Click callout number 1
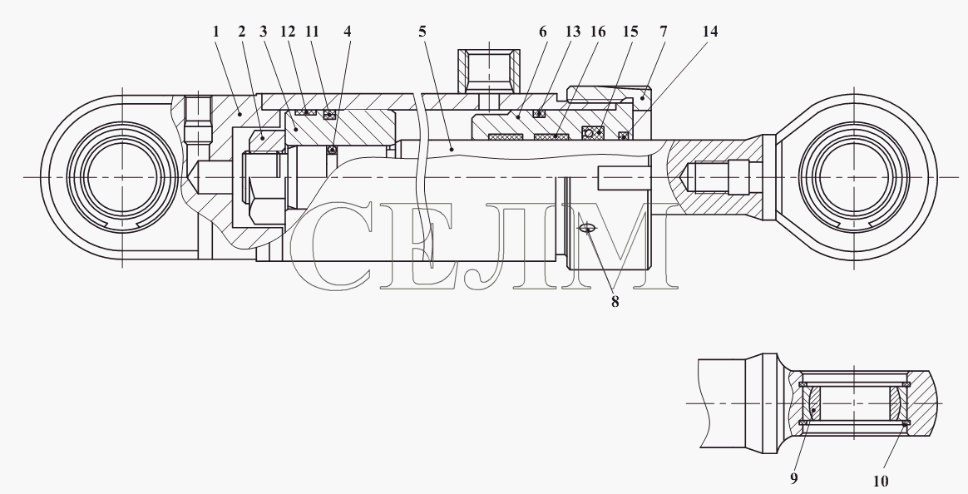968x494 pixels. pyautogui.click(x=216, y=32)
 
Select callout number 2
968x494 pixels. pyautogui.click(x=242, y=32)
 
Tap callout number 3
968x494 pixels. pyautogui.click(x=264, y=32)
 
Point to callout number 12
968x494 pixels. pyautogui.click(x=289, y=32)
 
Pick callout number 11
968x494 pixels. pyautogui.click(x=313, y=32)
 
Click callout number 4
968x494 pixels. pyautogui.click(x=348, y=32)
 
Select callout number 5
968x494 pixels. pyautogui.click(x=422, y=32)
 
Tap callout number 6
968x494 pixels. pyautogui.click(x=543, y=32)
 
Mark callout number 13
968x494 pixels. pyautogui.click(x=573, y=32)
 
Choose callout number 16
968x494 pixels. pyautogui.click(x=598, y=32)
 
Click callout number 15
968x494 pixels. pyautogui.click(x=630, y=32)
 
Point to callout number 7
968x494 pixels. pyautogui.click(x=663, y=32)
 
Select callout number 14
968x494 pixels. pyautogui.click(x=710, y=32)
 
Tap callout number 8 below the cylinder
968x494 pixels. pyautogui.click(x=615, y=302)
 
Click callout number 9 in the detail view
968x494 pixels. pyautogui.click(x=794, y=478)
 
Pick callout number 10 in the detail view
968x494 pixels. pyautogui.click(x=881, y=481)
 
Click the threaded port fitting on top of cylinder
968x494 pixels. pyautogui.click(x=488, y=68)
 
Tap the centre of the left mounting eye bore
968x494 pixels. pyautogui.click(x=122, y=177)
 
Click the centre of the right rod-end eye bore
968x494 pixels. pyautogui.click(x=854, y=177)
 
